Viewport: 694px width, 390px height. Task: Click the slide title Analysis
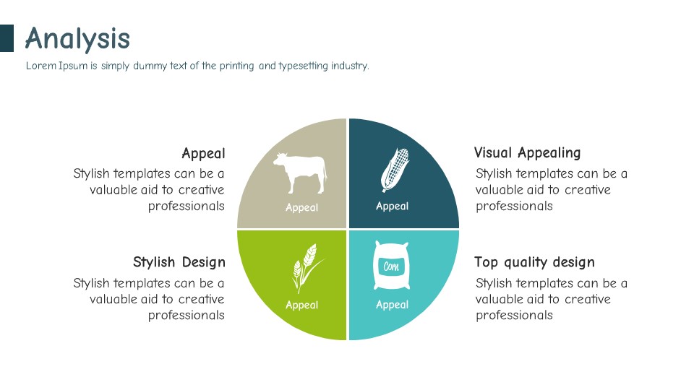point(77,38)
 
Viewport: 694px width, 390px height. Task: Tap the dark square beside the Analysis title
point(7,38)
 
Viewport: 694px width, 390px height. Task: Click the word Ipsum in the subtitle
point(73,66)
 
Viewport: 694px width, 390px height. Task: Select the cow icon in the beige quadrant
point(301,173)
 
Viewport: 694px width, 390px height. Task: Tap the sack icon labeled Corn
point(391,265)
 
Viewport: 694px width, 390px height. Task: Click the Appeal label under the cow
point(302,207)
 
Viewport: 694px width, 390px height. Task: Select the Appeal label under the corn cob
point(392,206)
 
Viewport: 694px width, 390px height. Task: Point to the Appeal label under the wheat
point(302,305)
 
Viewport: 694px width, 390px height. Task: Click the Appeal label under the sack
point(392,304)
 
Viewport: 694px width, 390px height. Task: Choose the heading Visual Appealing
point(527,153)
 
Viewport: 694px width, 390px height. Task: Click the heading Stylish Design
point(179,262)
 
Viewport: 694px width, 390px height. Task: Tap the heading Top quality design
point(535,262)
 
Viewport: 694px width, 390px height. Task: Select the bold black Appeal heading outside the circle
point(204,153)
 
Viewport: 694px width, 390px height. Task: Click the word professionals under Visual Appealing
point(514,206)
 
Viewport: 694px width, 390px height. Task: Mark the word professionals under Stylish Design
point(187,316)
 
